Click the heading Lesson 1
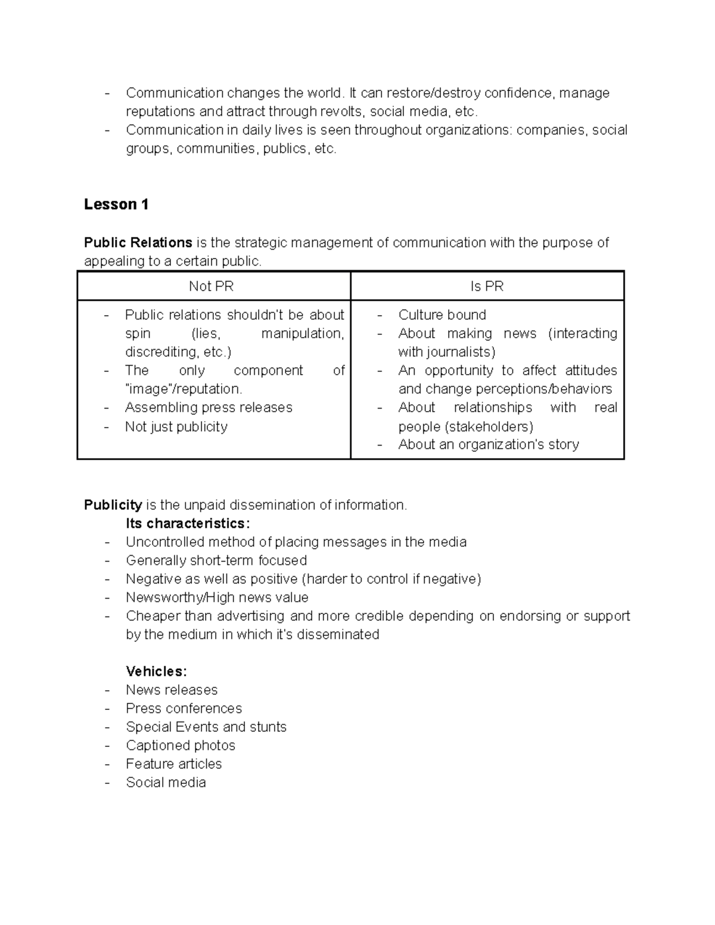tap(116, 204)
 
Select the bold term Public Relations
tap(138, 242)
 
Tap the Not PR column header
tap(211, 286)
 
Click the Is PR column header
tap(487, 286)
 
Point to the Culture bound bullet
tap(442, 314)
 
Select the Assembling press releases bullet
tap(209, 407)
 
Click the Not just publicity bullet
tap(176, 426)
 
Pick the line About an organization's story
tap(489, 444)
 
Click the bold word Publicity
tap(113, 505)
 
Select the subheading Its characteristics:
tap(188, 524)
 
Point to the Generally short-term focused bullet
tap(216, 560)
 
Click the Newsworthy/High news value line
tap(217, 597)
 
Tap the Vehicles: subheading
tap(156, 671)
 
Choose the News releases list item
tap(172, 690)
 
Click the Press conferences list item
tap(184, 708)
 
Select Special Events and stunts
tap(206, 727)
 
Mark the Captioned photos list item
tap(181, 745)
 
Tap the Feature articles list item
tap(173, 764)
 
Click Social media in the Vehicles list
tap(166, 783)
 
